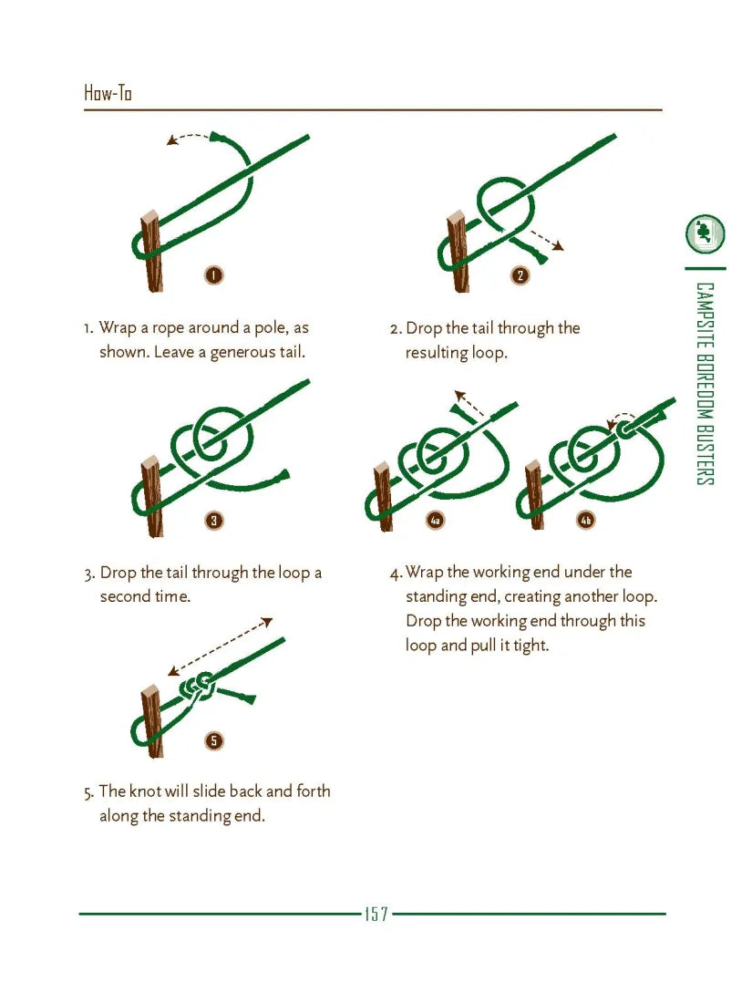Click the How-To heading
click(108, 93)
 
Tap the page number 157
click(376, 914)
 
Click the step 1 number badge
click(213, 275)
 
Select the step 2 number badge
click(520, 275)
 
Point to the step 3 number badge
click(214, 520)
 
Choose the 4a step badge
click(436, 521)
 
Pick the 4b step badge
click(586, 520)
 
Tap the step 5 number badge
click(214, 740)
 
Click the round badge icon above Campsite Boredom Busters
click(706, 233)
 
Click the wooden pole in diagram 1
click(151, 252)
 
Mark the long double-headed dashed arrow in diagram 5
click(220, 646)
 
